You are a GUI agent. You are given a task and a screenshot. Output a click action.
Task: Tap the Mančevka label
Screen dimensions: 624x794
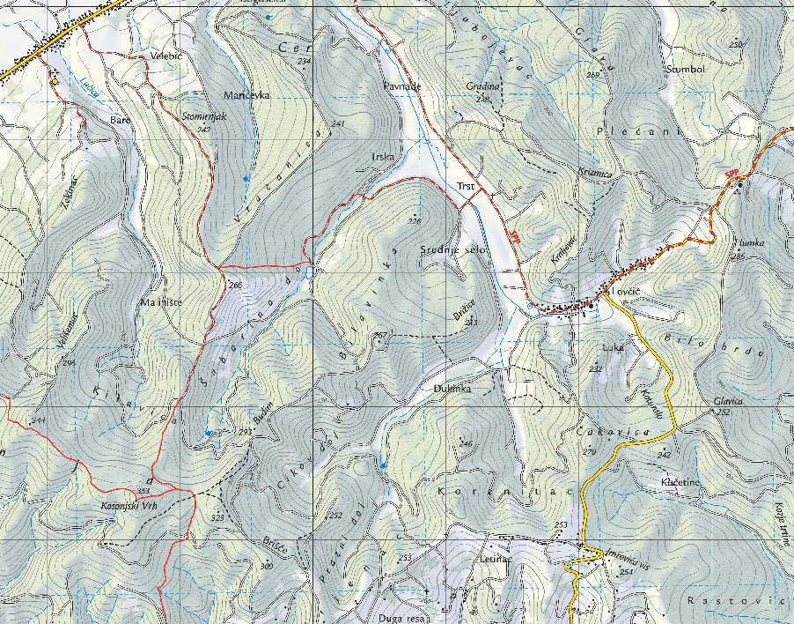click(x=246, y=94)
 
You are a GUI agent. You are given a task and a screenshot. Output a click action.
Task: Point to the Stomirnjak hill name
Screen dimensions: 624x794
click(x=204, y=115)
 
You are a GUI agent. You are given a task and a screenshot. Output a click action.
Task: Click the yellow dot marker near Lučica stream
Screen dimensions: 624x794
click(x=55, y=82)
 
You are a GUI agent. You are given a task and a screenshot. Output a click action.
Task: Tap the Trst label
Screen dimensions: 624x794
click(x=466, y=186)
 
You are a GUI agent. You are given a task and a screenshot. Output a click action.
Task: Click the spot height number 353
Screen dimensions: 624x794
click(x=143, y=492)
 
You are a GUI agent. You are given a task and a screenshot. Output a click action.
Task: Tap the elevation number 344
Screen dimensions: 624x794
click(x=38, y=420)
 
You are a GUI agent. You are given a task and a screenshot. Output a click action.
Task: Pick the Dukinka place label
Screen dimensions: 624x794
click(x=453, y=389)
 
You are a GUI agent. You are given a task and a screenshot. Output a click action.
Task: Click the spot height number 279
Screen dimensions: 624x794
click(x=589, y=452)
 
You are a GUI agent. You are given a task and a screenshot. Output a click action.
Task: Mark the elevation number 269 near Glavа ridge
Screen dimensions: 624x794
click(x=592, y=75)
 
